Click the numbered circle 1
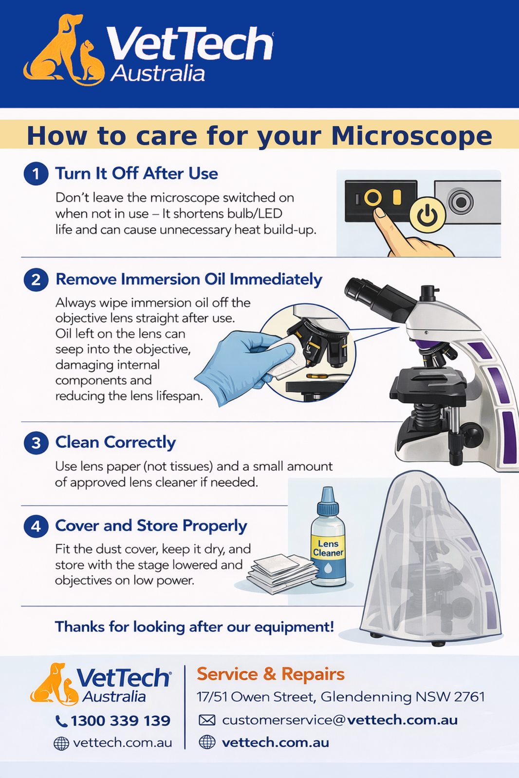[36, 174]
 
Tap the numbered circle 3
[36, 443]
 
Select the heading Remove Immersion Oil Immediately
[189, 280]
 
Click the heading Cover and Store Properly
[151, 526]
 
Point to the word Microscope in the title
[411, 136]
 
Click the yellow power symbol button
[427, 215]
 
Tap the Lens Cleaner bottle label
[328, 548]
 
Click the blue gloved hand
[243, 365]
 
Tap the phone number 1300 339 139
[121, 721]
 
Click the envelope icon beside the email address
[207, 720]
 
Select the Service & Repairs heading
[270, 674]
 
